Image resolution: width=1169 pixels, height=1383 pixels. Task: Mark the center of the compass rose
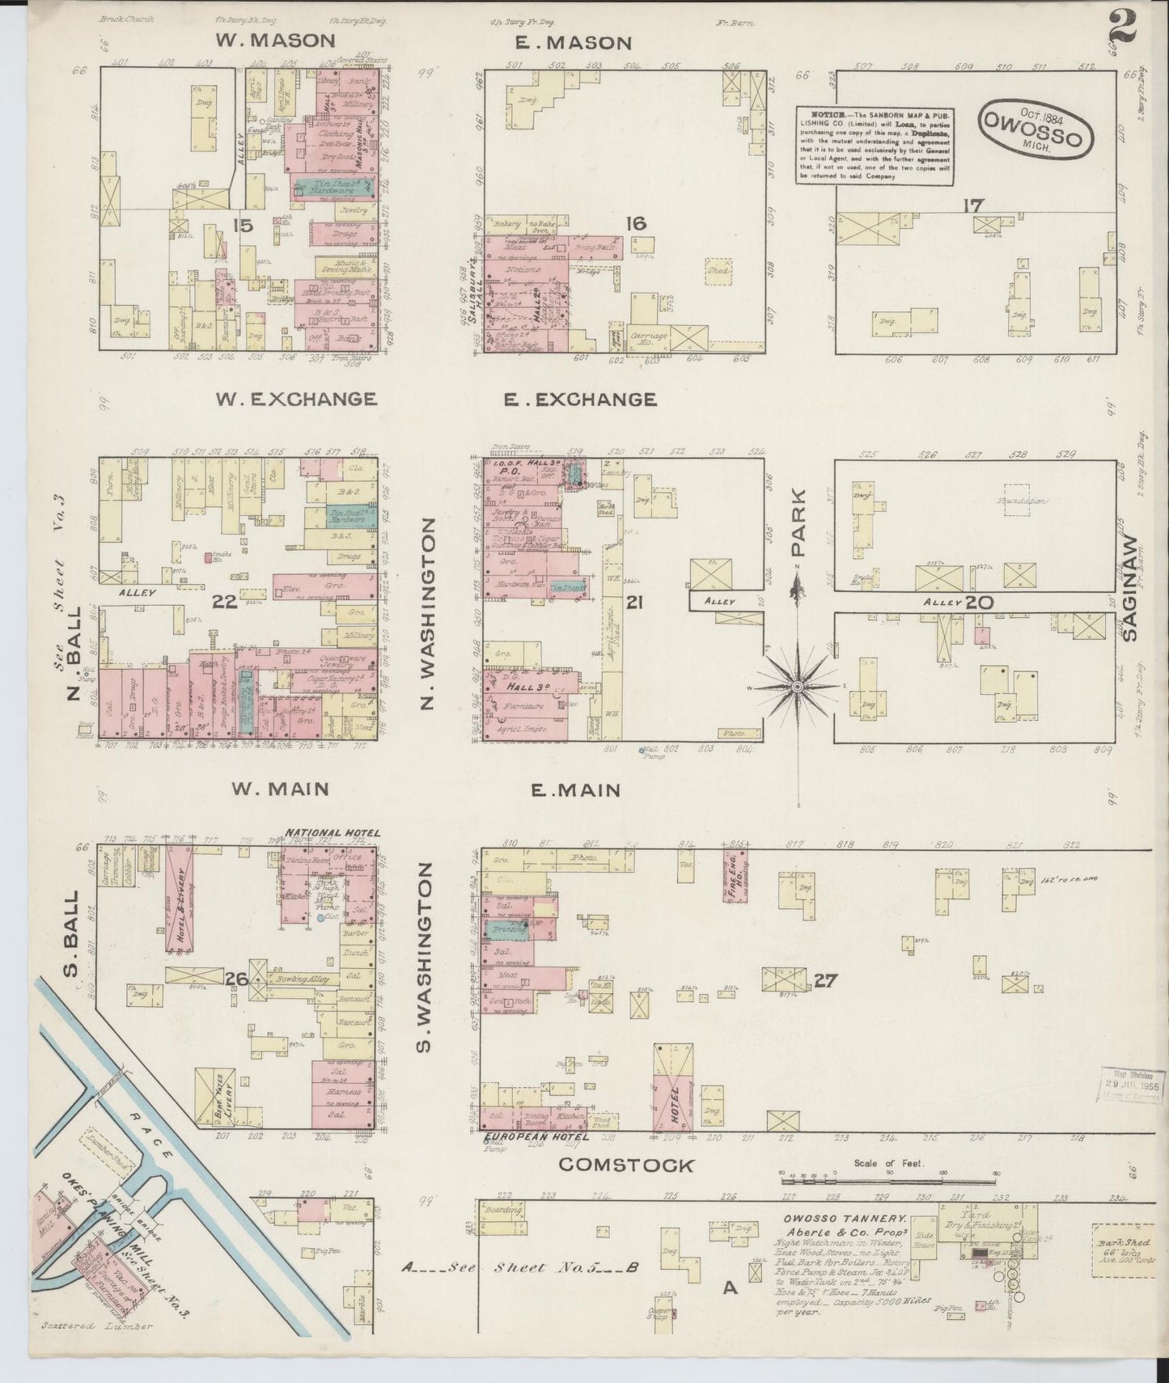pyautogui.click(x=797, y=687)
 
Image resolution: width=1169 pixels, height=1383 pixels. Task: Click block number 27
pyautogui.click(x=824, y=981)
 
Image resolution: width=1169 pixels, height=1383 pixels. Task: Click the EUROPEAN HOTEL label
pyautogui.click(x=534, y=1137)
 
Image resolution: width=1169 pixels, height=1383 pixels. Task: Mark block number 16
pyautogui.click(x=637, y=223)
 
